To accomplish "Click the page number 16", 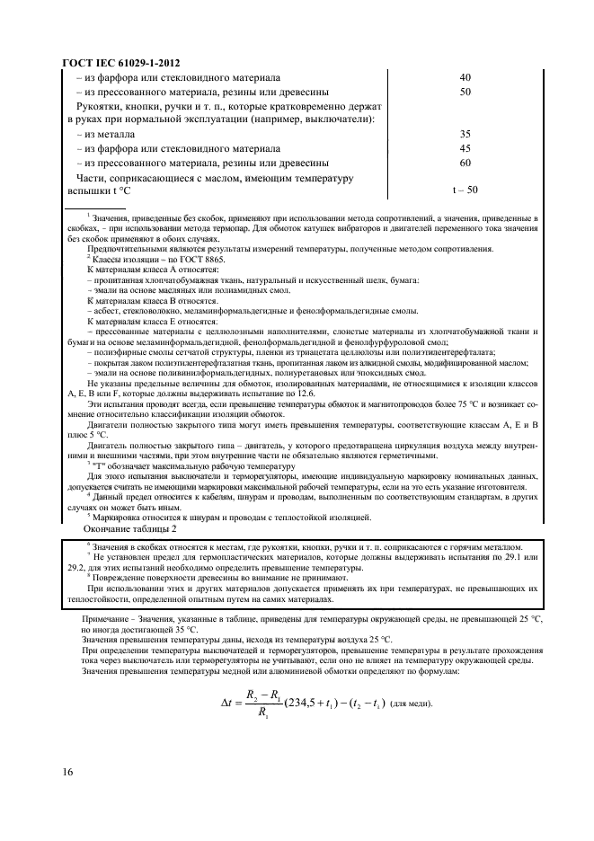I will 68,774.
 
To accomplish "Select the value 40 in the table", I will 465,77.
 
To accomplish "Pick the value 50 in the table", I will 465,92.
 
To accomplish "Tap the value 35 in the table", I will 465,134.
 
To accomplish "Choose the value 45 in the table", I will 465,148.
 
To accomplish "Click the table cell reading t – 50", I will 465,190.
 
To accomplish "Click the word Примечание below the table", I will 105,620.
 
